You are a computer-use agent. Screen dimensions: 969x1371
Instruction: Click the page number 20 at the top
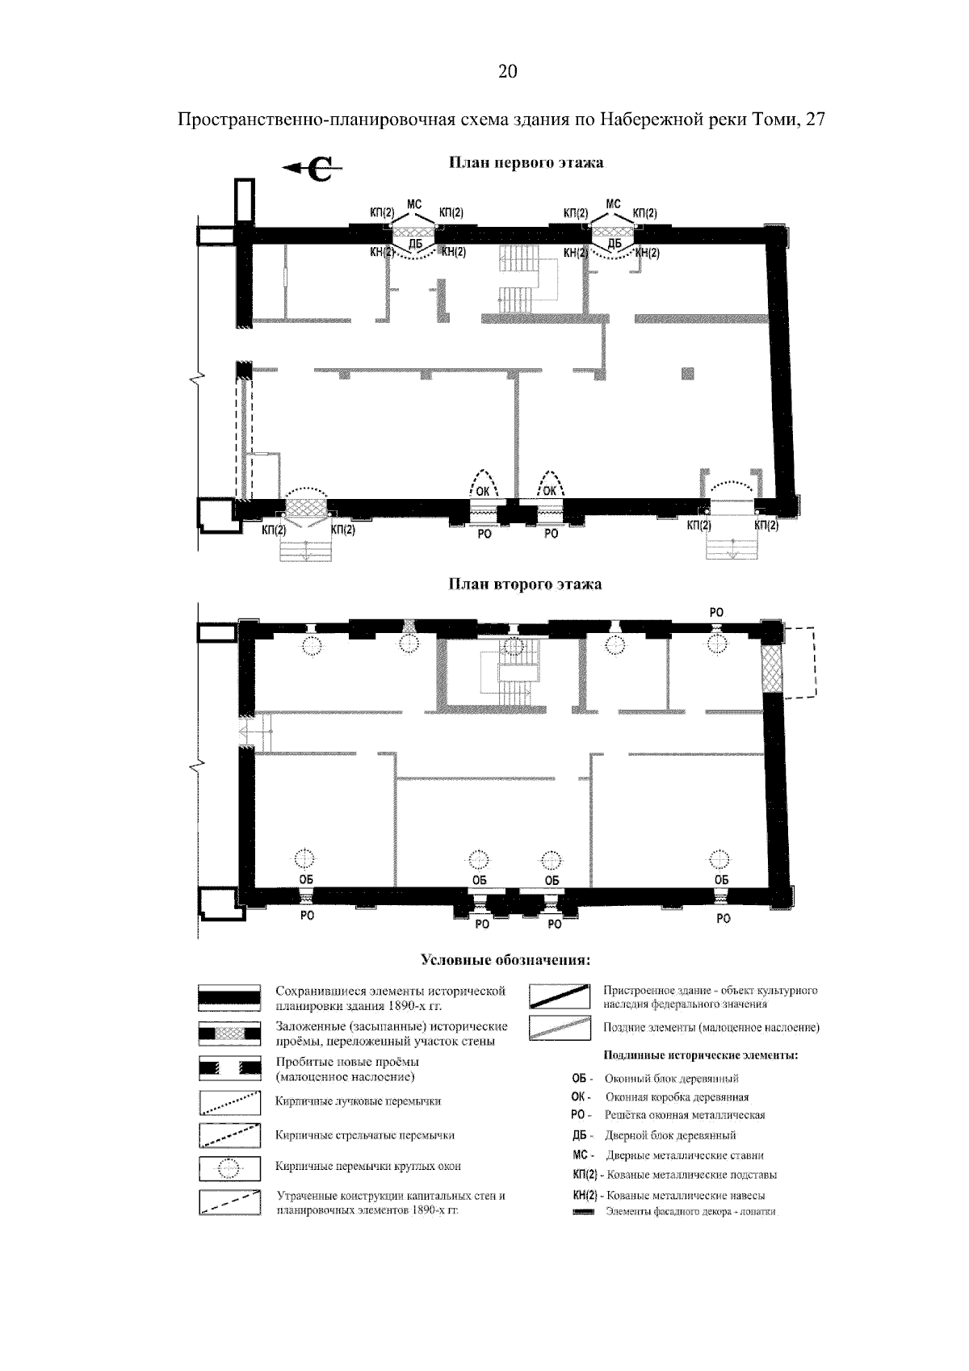(507, 72)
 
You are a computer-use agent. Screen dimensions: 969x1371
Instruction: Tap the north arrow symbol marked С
(313, 168)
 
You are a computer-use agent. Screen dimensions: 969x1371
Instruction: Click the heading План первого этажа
(526, 162)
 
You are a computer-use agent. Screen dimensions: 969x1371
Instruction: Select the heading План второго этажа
(525, 584)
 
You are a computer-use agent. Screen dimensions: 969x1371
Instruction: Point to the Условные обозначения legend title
(505, 960)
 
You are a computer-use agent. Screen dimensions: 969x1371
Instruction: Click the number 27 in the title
(816, 119)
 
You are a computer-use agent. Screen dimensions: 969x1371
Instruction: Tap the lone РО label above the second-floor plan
(716, 612)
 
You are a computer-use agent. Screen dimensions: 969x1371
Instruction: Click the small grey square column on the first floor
(687, 373)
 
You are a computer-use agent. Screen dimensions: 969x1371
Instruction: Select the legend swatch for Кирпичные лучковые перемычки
(229, 1102)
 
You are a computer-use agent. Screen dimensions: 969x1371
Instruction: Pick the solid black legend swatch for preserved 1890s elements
(229, 998)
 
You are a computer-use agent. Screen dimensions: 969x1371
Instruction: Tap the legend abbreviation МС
(580, 1155)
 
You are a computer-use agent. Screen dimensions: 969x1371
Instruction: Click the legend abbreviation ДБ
(579, 1135)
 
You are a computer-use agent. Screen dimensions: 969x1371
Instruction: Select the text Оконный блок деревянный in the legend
(672, 1079)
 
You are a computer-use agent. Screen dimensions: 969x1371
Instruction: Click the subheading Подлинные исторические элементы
(700, 1055)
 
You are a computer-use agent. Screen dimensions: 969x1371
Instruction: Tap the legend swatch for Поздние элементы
(560, 1028)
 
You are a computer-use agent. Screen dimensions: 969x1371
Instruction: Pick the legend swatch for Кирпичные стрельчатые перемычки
(229, 1135)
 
